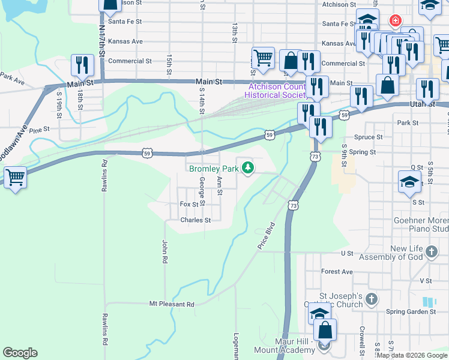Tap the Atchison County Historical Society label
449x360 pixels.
(x=277, y=90)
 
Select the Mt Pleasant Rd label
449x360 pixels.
(x=172, y=304)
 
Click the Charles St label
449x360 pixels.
(x=196, y=220)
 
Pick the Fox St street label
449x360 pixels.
(x=189, y=205)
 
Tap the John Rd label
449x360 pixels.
(x=163, y=252)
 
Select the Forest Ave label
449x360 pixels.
(x=337, y=271)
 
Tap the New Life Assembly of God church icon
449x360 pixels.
(x=432, y=252)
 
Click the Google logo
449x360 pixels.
(x=20, y=352)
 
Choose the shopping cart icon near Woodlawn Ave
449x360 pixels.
(x=14, y=177)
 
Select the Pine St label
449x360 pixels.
(x=38, y=130)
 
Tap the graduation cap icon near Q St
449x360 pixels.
(x=409, y=181)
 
